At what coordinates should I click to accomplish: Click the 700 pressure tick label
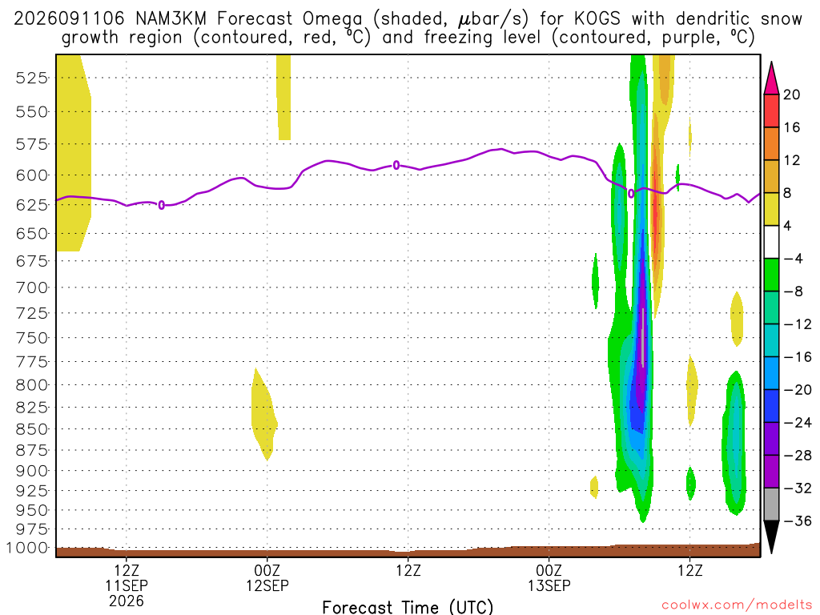click(x=32, y=287)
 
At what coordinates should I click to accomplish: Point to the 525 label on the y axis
click(x=32, y=78)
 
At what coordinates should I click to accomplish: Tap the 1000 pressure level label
click(x=27, y=548)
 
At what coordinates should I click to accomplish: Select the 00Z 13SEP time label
click(x=549, y=578)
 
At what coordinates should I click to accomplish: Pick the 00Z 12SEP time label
click(x=267, y=578)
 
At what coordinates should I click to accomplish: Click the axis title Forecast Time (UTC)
click(x=408, y=607)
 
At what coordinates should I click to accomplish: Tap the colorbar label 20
click(x=791, y=94)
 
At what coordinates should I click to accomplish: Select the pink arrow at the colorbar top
click(x=771, y=78)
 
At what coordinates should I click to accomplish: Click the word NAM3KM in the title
click(x=171, y=19)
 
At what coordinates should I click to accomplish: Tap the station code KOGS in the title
click(x=597, y=19)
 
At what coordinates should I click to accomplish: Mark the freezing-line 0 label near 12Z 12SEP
click(x=396, y=165)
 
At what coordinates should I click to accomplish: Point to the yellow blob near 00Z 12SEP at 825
click(x=263, y=414)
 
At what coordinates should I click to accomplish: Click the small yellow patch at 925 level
click(x=594, y=488)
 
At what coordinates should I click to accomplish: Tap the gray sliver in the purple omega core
click(x=643, y=337)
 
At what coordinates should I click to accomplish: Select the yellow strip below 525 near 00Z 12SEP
click(x=284, y=97)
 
